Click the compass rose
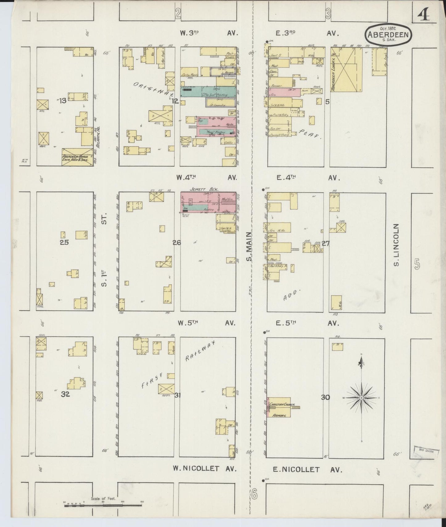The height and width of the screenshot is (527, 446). pyautogui.click(x=361, y=398)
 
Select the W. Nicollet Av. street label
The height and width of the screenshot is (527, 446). pyautogui.click(x=205, y=469)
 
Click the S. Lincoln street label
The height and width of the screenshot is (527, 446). pyautogui.click(x=397, y=245)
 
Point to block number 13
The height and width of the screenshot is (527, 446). pyautogui.click(x=63, y=100)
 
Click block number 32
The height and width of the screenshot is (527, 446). pyautogui.click(x=65, y=394)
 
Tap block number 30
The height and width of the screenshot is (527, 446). pyautogui.click(x=325, y=398)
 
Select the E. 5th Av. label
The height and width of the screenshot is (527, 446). pyautogui.click(x=307, y=323)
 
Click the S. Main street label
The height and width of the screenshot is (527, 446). pyautogui.click(x=249, y=247)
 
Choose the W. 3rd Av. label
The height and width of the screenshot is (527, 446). pyautogui.click(x=209, y=33)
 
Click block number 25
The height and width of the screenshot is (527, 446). pyautogui.click(x=64, y=242)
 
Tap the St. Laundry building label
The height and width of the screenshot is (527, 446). pyautogui.click(x=218, y=105)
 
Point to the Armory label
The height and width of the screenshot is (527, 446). pyautogui.click(x=280, y=415)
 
